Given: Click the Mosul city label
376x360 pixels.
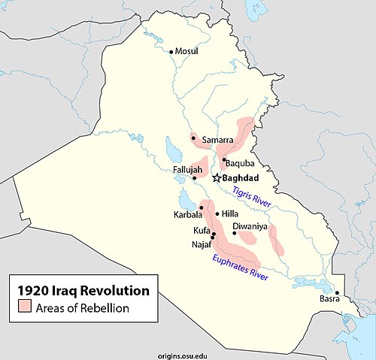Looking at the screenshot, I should point(187,51).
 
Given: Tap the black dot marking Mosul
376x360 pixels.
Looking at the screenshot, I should point(171,51).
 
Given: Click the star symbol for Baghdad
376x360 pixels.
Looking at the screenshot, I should point(216,178).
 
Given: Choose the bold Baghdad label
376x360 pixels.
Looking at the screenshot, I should point(242,178).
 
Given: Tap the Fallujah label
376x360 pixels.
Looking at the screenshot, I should point(187,170).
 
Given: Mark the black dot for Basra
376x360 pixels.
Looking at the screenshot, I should point(337,293).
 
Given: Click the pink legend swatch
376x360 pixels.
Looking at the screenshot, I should point(25,306).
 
